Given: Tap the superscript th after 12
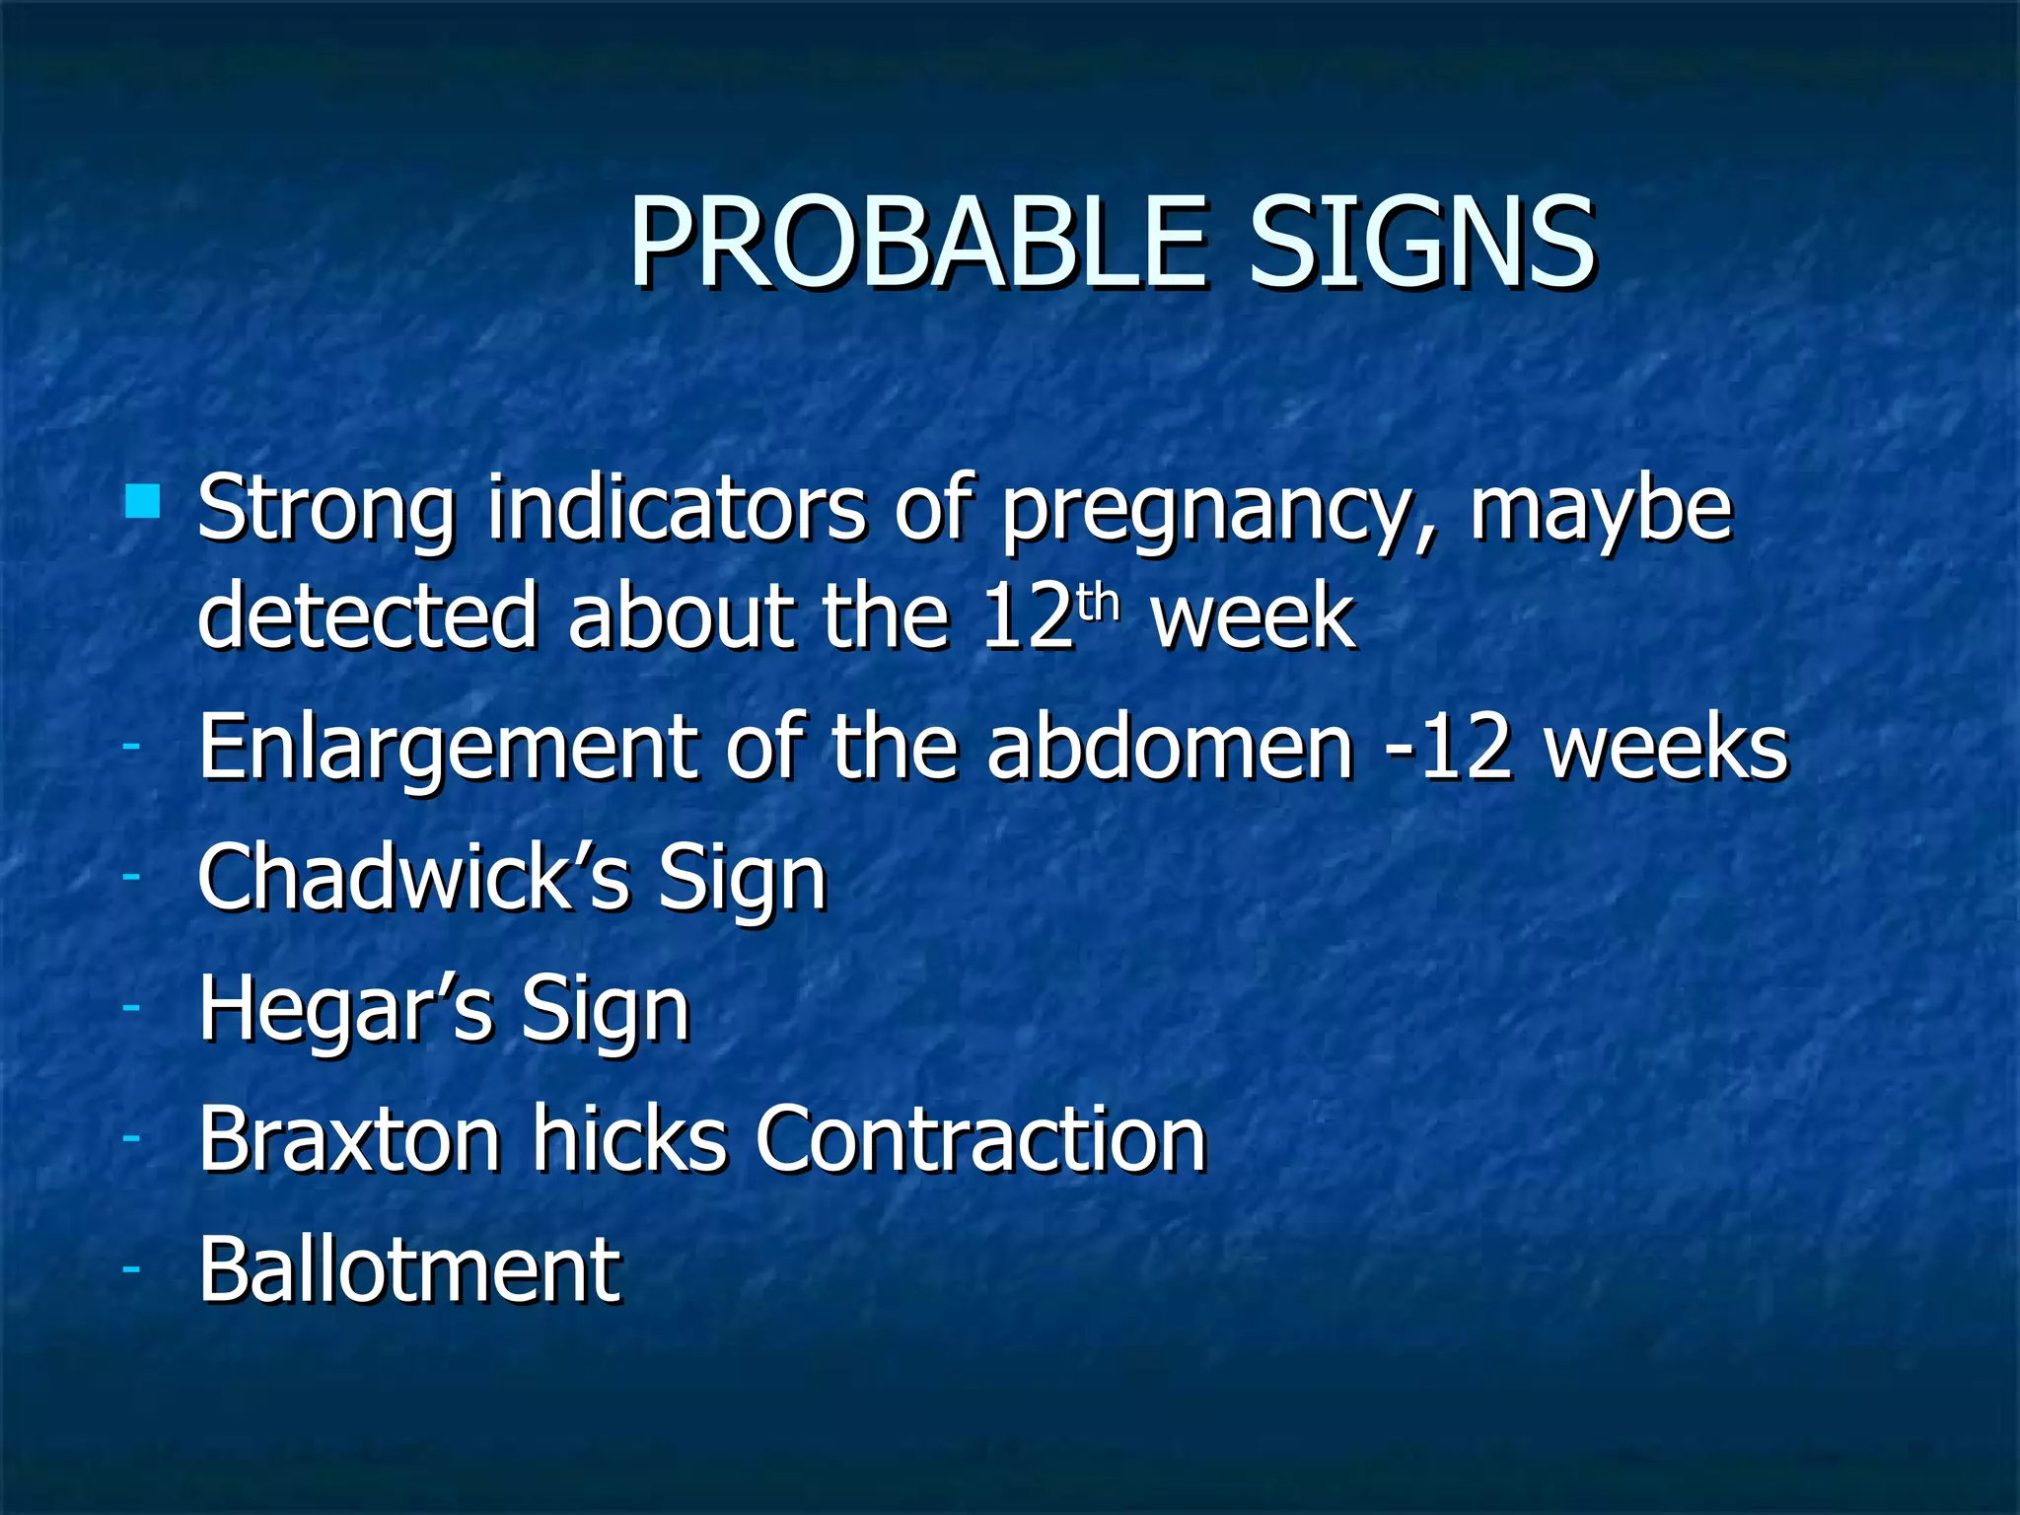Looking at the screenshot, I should pyautogui.click(x=1099, y=602).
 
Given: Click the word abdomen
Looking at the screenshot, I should pyautogui.click(x=1170, y=747).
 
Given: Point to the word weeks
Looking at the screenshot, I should pyautogui.click(x=1667, y=747).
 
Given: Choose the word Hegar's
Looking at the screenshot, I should pyautogui.click(x=345, y=1010).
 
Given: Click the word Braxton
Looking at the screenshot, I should pyautogui.click(x=349, y=1140).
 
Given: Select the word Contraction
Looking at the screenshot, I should pyautogui.click(x=980, y=1140).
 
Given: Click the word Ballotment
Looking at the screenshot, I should pyautogui.click(x=409, y=1270).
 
